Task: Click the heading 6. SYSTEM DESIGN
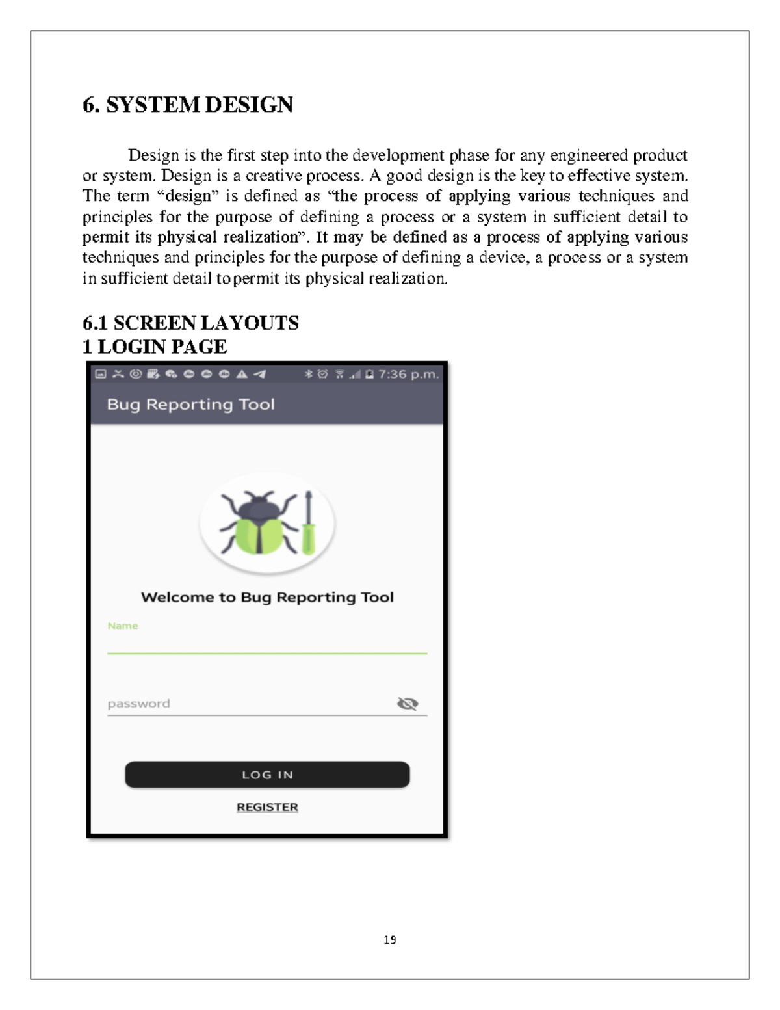coord(188,105)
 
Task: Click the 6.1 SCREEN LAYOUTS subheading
coord(190,323)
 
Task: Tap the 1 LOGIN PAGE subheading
coord(155,347)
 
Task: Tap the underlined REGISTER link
coord(267,807)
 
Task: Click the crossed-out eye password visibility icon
coord(407,703)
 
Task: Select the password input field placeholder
coord(139,704)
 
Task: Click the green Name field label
coord(123,626)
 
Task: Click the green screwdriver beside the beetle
coord(309,524)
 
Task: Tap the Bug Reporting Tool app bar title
coord(191,405)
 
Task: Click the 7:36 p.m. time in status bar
coord(409,374)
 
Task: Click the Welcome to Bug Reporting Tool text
coord(267,597)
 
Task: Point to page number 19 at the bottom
coord(390,940)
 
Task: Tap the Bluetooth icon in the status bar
coord(309,374)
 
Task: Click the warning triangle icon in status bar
coord(242,374)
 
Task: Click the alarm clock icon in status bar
coord(322,374)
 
